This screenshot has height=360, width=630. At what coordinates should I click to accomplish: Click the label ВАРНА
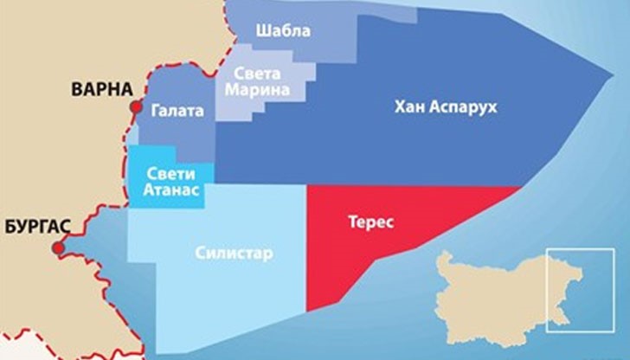pyautogui.click(x=102, y=89)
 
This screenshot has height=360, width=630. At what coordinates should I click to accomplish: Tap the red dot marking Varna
pyautogui.click(x=135, y=106)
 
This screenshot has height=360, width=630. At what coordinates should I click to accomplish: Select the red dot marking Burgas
pyautogui.click(x=59, y=249)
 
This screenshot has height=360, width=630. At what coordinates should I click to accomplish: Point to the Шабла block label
pyautogui.click(x=284, y=32)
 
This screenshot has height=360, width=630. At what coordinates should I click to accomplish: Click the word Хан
pyautogui.click(x=408, y=108)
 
